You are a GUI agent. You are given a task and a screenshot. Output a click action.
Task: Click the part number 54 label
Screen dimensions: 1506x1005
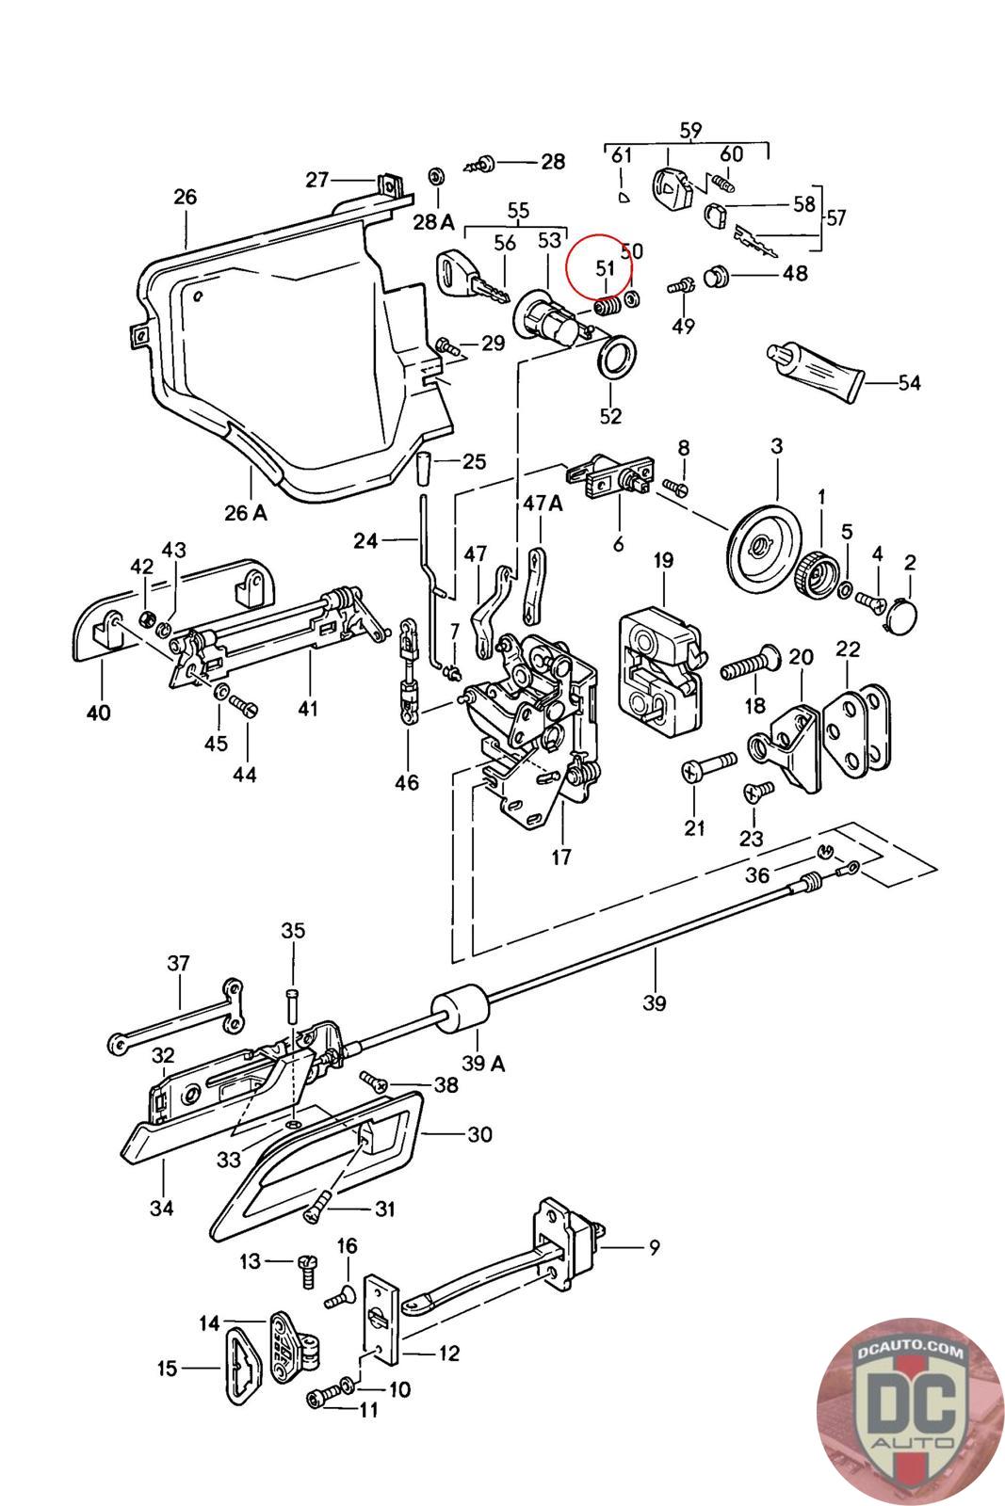(909, 382)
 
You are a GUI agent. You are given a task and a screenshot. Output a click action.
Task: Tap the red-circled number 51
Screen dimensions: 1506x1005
(605, 268)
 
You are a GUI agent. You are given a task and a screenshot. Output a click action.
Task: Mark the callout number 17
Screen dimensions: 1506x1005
(561, 857)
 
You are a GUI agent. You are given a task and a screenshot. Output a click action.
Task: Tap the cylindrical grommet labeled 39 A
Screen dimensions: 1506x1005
(461, 1012)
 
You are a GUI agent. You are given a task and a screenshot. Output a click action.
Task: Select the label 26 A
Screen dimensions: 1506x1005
(246, 513)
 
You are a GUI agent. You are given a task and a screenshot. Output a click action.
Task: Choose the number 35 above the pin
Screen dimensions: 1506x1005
(293, 931)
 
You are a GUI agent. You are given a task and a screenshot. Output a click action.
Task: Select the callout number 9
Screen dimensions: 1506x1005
(654, 1248)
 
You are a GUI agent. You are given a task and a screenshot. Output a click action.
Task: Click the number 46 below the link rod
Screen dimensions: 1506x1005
(407, 782)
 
